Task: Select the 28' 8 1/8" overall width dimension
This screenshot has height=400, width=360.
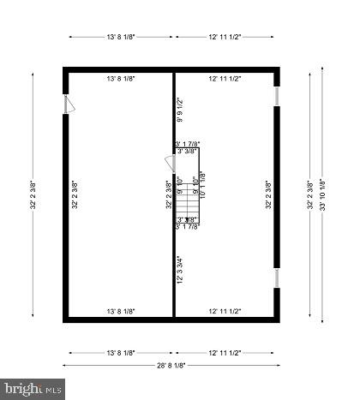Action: [x=172, y=365]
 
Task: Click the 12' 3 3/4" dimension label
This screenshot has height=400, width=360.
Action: [x=180, y=269]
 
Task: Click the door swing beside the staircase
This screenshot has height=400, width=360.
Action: [x=170, y=162]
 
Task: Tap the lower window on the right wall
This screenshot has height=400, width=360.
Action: [x=276, y=278]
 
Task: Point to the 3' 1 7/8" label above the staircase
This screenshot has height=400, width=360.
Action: [x=187, y=144]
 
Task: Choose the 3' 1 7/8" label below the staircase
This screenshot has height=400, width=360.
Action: [x=187, y=227]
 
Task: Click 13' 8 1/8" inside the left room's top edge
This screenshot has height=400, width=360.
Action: [x=121, y=79]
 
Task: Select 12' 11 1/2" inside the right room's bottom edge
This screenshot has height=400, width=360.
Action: [x=225, y=311]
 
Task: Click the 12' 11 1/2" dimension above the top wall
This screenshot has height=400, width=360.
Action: [x=225, y=38]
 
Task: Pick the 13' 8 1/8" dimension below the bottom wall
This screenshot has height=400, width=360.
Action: [x=121, y=352]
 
